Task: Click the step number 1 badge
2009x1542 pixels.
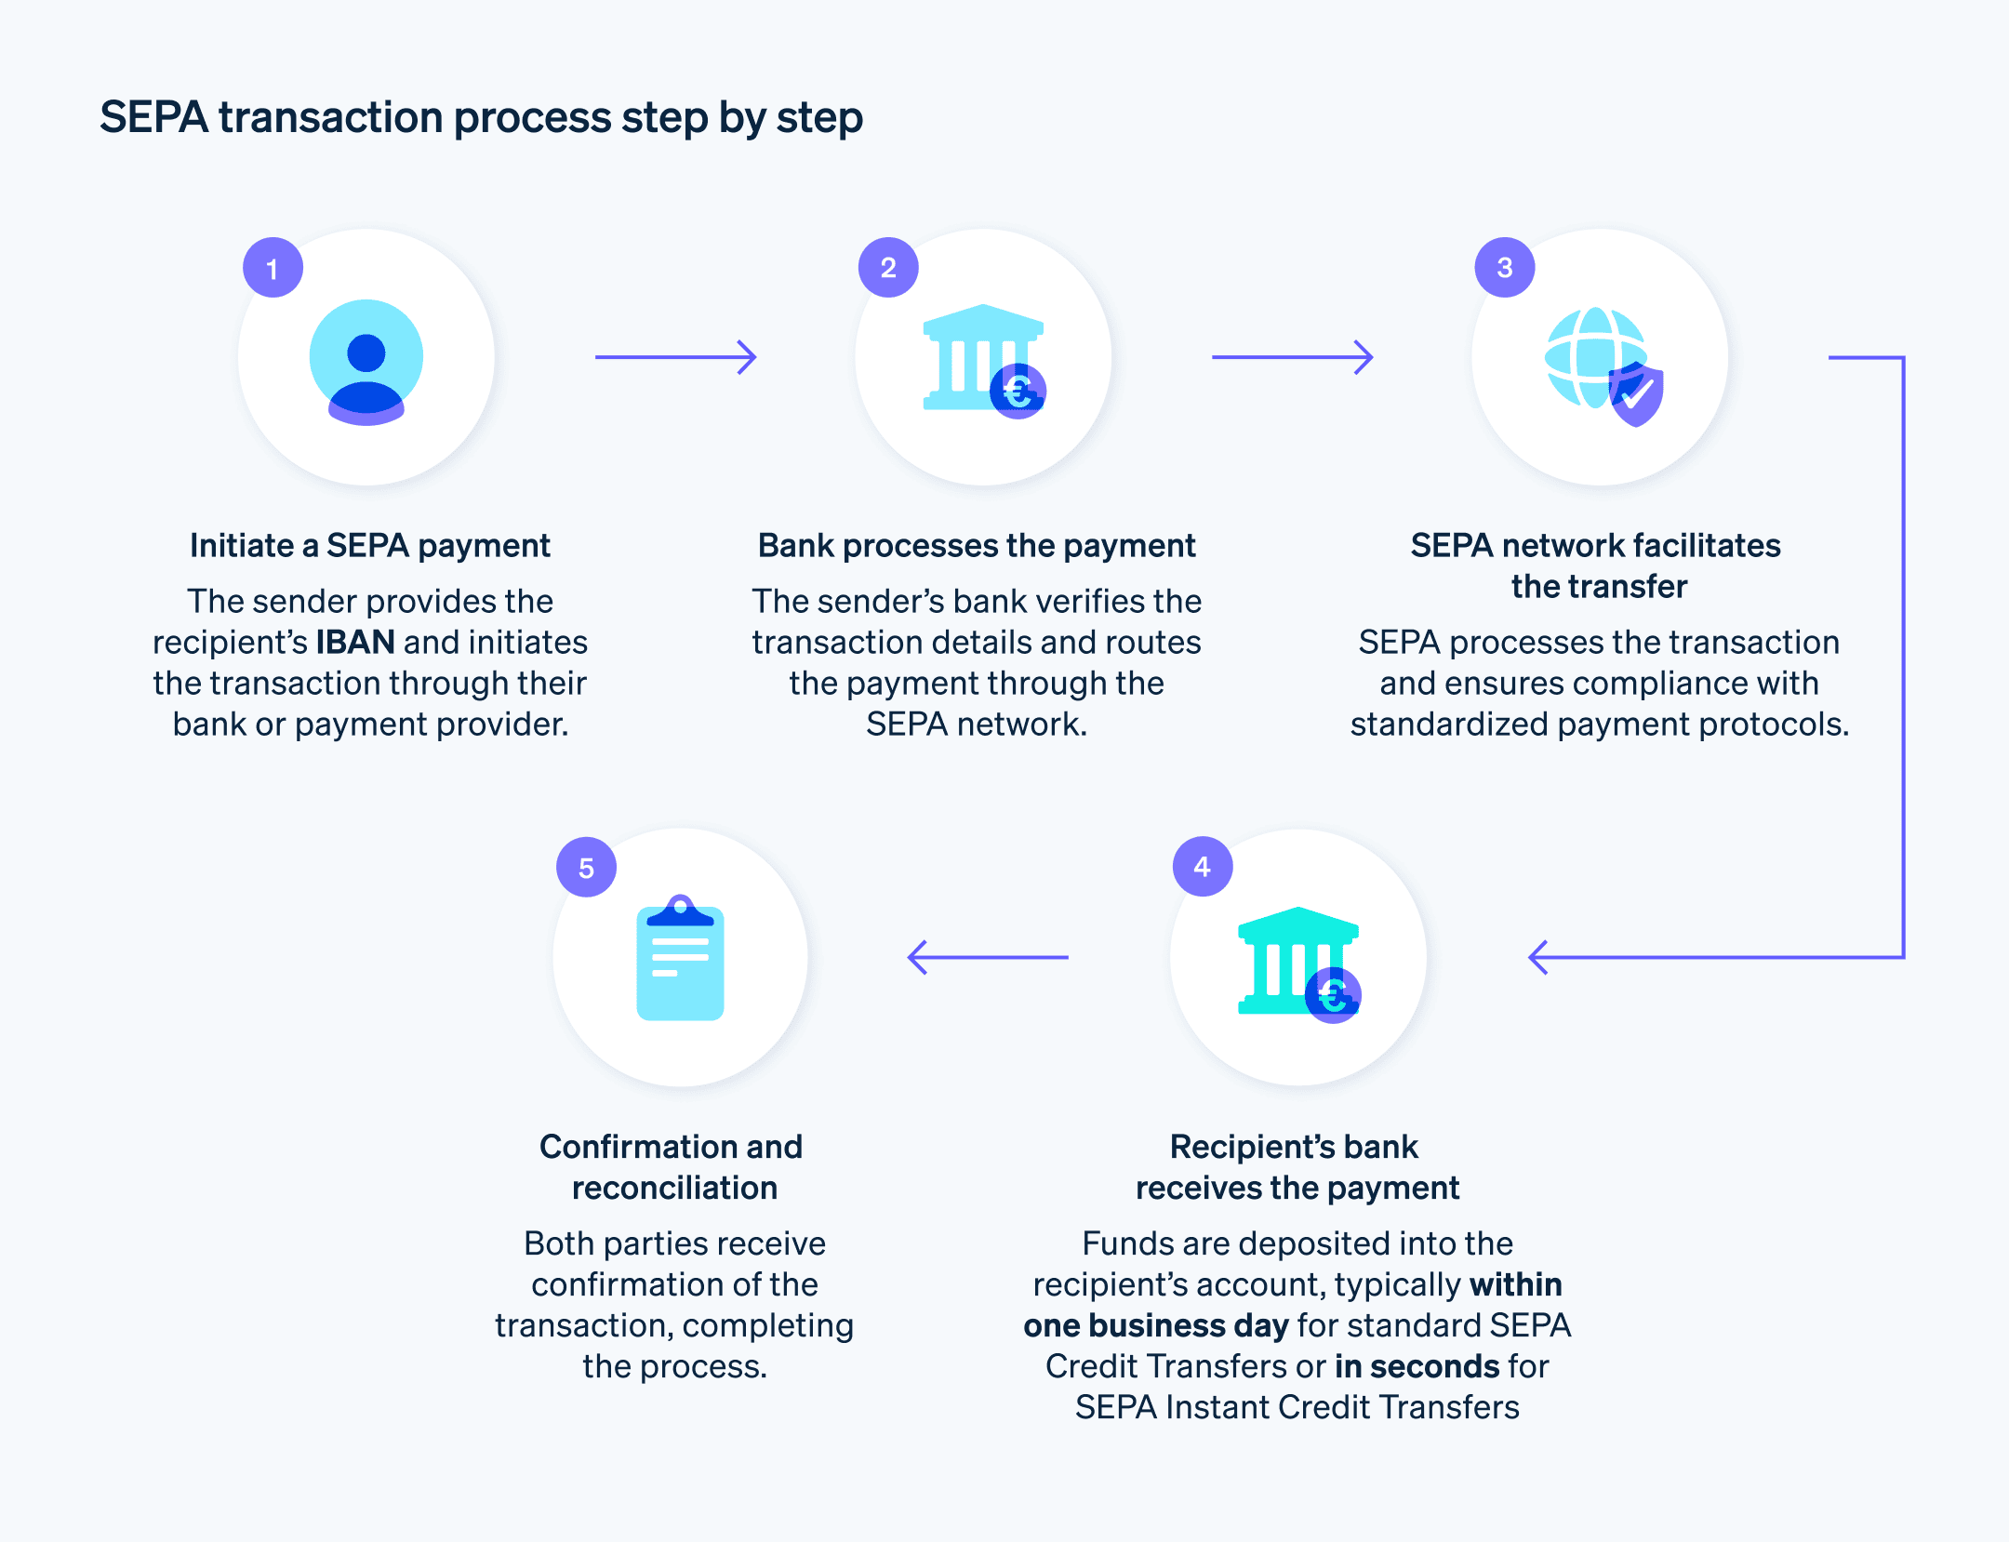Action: tap(273, 268)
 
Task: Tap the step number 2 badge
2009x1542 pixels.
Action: tap(888, 268)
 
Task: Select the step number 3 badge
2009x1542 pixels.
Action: tap(1505, 268)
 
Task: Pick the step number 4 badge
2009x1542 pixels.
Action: tap(1203, 867)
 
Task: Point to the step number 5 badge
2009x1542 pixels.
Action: tap(586, 868)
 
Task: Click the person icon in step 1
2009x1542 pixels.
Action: tap(366, 361)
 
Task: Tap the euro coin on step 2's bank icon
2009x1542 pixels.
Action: tap(1018, 392)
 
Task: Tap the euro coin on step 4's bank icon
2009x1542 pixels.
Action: tap(1333, 996)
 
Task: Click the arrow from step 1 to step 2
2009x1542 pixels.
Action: tap(676, 357)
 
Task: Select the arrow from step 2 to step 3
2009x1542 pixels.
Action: tap(1293, 357)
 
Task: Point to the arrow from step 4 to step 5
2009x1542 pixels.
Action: tap(988, 957)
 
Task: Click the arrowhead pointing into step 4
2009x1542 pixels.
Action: tap(1539, 957)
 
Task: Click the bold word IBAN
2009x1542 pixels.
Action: tap(355, 643)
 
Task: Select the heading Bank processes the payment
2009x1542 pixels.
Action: tap(977, 546)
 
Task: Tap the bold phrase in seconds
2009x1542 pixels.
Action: tap(1417, 1366)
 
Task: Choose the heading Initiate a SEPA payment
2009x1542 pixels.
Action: tap(370, 546)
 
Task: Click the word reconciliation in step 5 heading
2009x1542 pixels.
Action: tap(674, 1189)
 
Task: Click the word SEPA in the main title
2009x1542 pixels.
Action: tap(153, 118)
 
